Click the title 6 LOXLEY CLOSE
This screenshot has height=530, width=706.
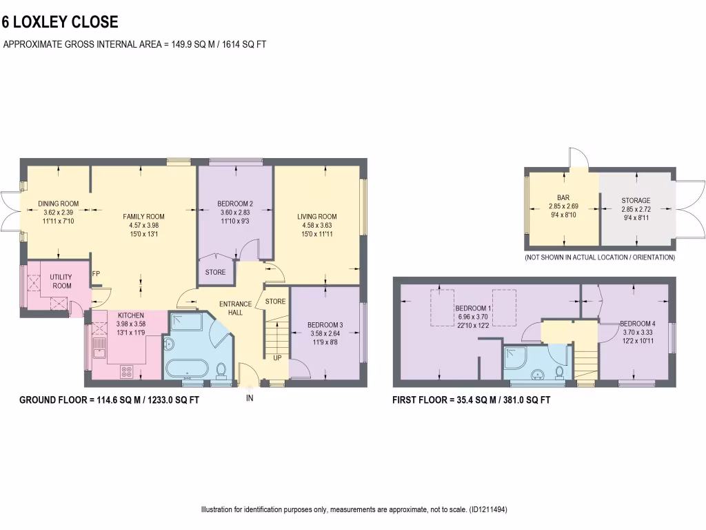(x=61, y=22)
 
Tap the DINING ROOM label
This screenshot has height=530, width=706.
(x=58, y=204)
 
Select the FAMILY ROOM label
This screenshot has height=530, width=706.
(x=143, y=216)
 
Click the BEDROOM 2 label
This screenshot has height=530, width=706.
(x=235, y=204)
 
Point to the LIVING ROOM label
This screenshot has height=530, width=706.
(x=317, y=217)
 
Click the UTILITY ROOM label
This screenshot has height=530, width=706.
(x=61, y=281)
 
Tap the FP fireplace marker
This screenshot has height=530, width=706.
(x=96, y=273)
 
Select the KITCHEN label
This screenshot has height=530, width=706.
(x=130, y=315)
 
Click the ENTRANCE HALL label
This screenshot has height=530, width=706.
(x=236, y=308)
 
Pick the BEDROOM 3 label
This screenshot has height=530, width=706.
(x=325, y=325)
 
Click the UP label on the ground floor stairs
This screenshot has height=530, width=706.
(x=277, y=358)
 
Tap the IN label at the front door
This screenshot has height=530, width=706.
(x=250, y=398)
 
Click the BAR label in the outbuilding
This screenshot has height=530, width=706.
(x=563, y=197)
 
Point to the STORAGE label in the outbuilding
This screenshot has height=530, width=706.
(x=636, y=201)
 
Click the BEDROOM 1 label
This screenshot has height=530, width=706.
(x=472, y=308)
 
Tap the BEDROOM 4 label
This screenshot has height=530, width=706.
(x=637, y=324)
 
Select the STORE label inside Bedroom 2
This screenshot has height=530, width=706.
(x=215, y=272)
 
